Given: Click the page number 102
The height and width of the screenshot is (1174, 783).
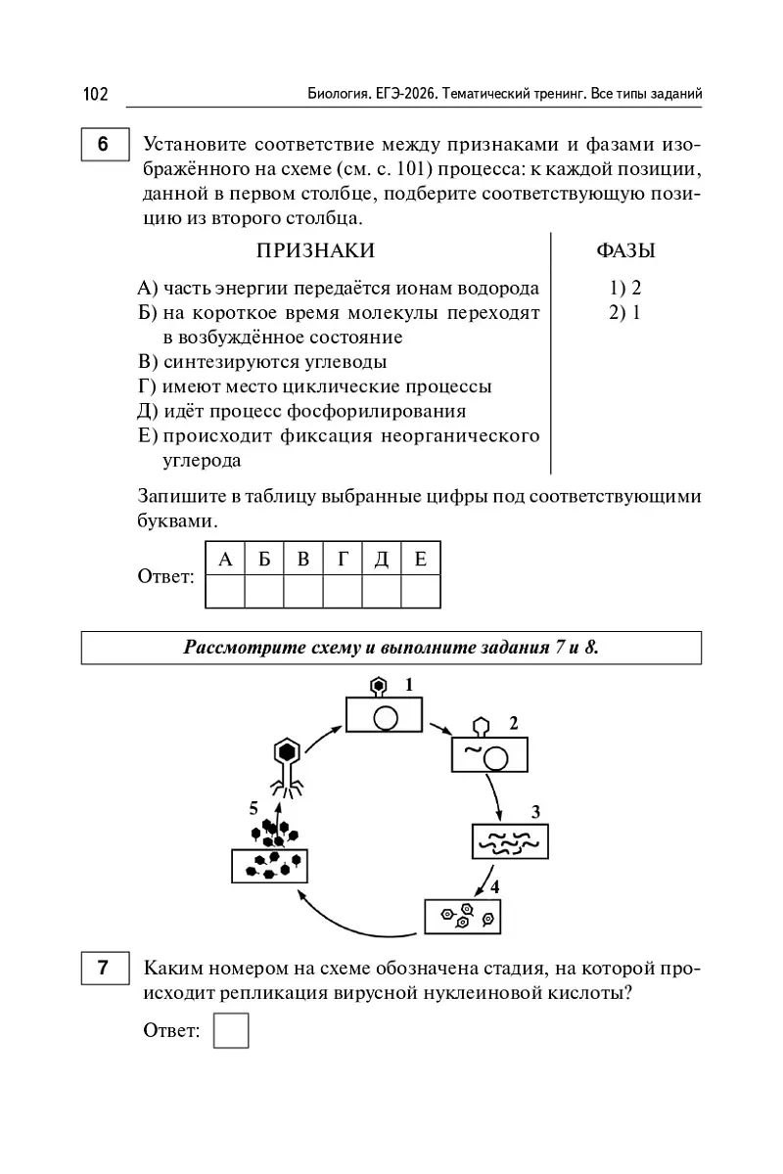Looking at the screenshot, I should tap(95, 94).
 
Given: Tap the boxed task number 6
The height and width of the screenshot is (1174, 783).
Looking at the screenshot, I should tap(104, 145).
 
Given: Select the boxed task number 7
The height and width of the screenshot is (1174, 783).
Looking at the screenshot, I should tap(104, 969).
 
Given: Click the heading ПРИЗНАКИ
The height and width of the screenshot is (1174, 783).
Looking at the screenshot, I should tap(315, 251).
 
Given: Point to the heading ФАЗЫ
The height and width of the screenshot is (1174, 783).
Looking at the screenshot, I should tap(625, 251).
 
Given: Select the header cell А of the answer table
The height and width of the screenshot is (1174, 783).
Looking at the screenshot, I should tap(225, 559).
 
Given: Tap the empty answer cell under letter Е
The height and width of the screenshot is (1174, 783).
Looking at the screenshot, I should tap(421, 591).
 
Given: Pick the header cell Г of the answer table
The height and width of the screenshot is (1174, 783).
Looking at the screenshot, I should tap(343, 559).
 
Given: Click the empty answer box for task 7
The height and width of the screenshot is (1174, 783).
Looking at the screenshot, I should tap(231, 1030).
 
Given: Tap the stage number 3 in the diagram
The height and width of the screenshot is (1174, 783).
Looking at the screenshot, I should tap(535, 811).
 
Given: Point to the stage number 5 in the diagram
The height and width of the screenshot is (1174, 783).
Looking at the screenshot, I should tap(253, 808).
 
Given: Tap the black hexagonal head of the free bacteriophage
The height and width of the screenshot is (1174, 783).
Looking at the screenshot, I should tap(287, 751).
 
